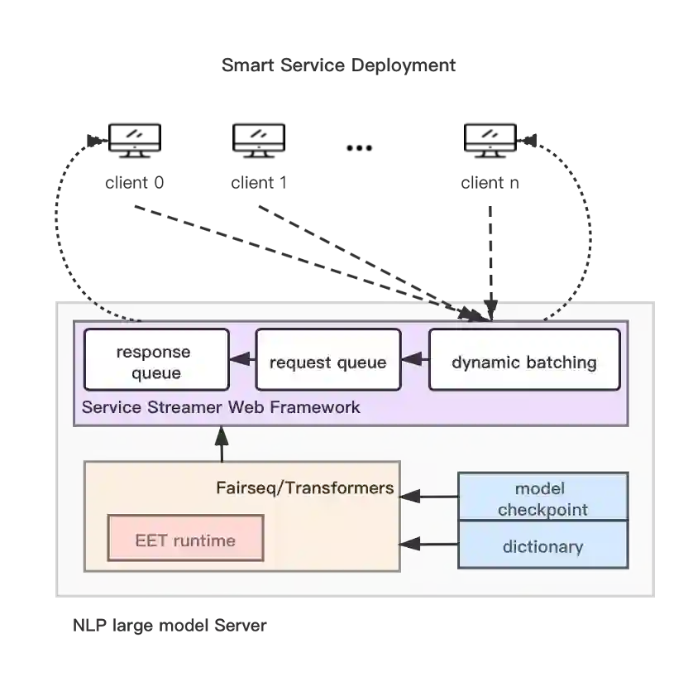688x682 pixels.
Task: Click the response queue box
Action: [156, 360]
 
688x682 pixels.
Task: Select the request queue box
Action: [327, 360]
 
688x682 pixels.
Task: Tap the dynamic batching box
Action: [524, 360]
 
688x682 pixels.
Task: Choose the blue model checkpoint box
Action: [542, 497]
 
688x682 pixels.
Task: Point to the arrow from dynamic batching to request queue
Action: [414, 360]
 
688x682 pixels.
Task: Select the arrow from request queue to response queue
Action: [242, 360]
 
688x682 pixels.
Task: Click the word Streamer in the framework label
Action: [170, 407]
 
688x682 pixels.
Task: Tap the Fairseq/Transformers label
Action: [304, 487]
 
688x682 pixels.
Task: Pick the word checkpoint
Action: [542, 509]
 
